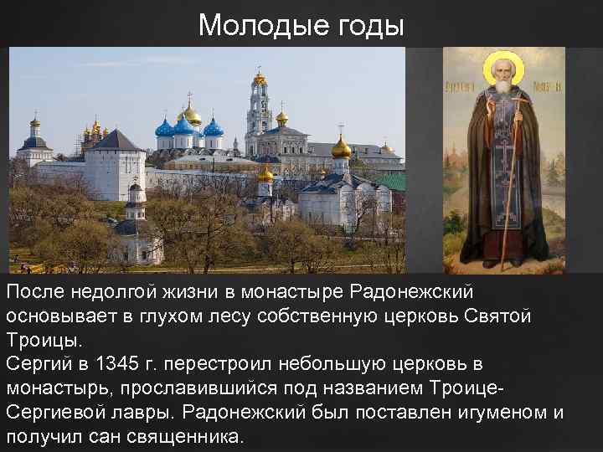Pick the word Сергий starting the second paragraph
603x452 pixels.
35,365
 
